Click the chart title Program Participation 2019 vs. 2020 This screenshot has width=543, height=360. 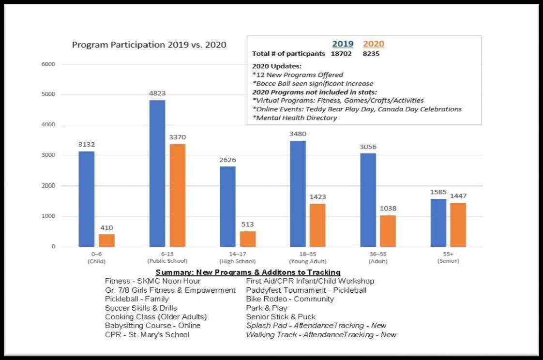[149, 45]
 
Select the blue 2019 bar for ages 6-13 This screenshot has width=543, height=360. [157, 173]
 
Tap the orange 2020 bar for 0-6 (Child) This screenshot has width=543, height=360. [106, 240]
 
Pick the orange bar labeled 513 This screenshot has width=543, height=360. [248, 239]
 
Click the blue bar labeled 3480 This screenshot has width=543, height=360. [298, 194]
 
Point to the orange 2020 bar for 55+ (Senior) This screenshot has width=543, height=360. [458, 225]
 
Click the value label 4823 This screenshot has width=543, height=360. [157, 93]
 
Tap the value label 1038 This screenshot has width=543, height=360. [388, 209]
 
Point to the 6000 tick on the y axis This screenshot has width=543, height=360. [48, 64]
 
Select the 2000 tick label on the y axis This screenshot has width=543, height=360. [48, 185]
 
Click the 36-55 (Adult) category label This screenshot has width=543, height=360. [378, 257]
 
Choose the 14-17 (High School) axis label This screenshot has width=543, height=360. [238, 257]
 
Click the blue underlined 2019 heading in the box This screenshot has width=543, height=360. [343, 44]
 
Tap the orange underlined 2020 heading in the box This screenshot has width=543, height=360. [373, 44]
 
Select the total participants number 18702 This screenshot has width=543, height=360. [341, 54]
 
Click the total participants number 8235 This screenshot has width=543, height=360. [371, 54]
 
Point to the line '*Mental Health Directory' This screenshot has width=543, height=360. [294, 118]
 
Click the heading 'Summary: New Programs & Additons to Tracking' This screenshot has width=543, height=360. [248, 272]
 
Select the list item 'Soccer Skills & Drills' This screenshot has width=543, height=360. [141, 308]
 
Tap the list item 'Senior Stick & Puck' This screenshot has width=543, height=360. [281, 317]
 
